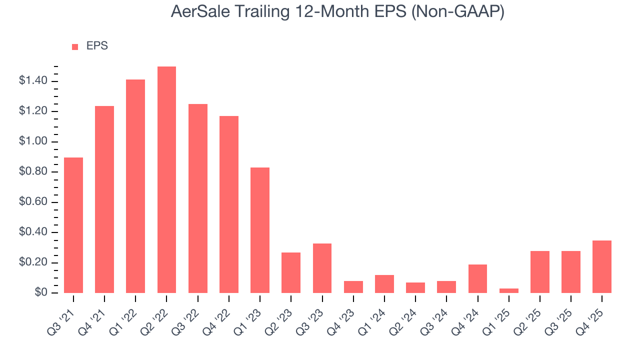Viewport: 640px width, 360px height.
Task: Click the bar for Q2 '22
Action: click(x=166, y=180)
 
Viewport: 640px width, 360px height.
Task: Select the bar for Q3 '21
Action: click(x=73, y=225)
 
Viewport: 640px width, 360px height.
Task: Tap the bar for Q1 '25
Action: click(x=509, y=290)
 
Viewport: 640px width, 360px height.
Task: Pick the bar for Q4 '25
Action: click(x=602, y=266)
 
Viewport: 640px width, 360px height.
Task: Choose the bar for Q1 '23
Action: click(x=260, y=230)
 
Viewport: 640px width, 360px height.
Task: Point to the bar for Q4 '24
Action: click(x=477, y=278)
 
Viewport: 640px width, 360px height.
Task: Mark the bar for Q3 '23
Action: click(x=322, y=268)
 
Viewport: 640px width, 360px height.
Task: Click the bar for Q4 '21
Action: click(x=104, y=199)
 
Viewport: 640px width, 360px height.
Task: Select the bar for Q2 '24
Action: click(x=415, y=287)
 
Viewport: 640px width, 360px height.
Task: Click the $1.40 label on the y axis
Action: click(x=33, y=81)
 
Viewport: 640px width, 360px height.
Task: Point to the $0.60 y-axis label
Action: click(x=33, y=202)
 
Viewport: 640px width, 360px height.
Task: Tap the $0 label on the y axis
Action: click(x=40, y=293)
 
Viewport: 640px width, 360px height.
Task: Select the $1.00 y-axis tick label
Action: click(x=33, y=142)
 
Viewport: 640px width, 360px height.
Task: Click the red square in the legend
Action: click(x=75, y=47)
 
